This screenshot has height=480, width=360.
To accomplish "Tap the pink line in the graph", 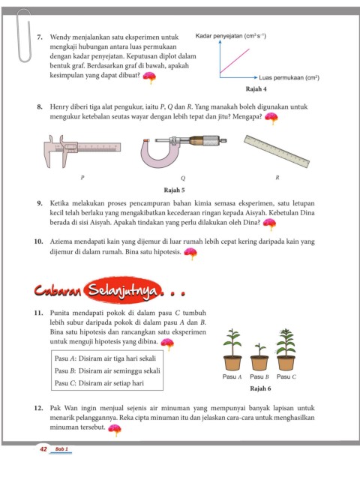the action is click(x=235, y=61).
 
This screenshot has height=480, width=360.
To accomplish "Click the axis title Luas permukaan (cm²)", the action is click(x=289, y=78).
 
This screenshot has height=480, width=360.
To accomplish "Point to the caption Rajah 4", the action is click(x=256, y=89).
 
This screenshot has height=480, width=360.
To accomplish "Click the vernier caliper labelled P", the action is click(x=82, y=151).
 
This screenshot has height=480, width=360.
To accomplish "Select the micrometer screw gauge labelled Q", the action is click(x=183, y=151).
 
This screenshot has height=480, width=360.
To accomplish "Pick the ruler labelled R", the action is click(x=277, y=151).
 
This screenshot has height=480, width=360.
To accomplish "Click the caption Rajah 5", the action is click(x=174, y=190).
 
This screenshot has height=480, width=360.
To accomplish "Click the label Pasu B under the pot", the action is click(x=259, y=376).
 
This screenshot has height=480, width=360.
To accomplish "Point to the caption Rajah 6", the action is click(x=260, y=388).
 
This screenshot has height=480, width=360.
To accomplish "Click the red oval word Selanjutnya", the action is click(x=123, y=290).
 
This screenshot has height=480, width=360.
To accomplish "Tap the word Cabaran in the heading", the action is click(x=58, y=290).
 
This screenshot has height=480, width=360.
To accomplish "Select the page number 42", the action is click(x=43, y=448).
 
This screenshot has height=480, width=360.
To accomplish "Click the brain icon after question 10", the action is click(x=190, y=253).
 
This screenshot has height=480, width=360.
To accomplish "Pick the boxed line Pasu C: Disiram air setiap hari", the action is click(x=99, y=383).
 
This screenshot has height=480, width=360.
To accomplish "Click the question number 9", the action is click(x=40, y=203).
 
